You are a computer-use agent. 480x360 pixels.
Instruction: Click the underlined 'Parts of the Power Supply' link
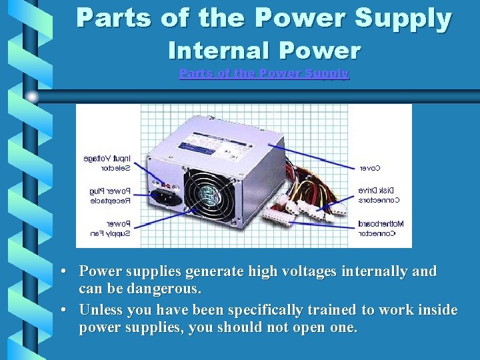coord(264,73)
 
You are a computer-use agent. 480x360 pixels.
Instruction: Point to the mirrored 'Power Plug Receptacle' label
coord(110,195)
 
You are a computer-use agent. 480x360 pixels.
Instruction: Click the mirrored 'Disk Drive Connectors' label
coord(379,195)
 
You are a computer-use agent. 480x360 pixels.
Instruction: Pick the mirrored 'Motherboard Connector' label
coord(377,229)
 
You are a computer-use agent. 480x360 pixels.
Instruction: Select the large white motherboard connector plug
coord(278,214)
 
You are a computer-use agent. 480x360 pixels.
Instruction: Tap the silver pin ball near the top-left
coord(32,96)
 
